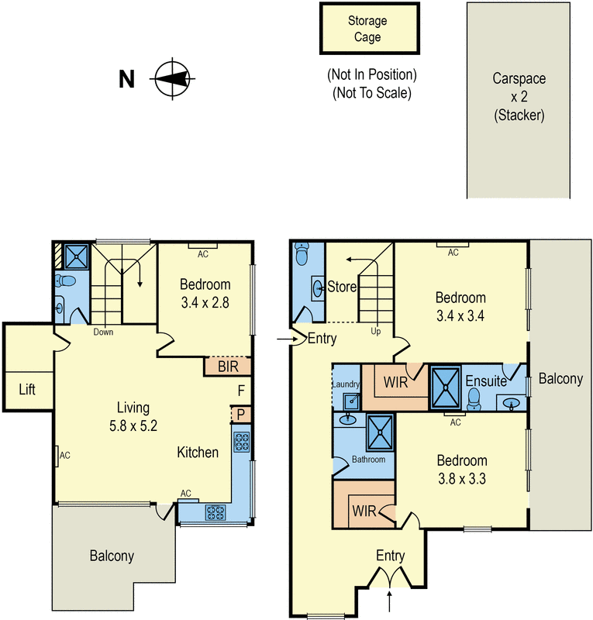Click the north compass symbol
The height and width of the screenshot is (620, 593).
pos(173,78)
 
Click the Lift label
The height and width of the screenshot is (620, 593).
pos(27,389)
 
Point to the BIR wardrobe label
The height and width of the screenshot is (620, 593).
pos(228,367)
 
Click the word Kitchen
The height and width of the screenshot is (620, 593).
pos(198,452)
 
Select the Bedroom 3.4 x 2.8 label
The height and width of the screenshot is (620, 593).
pos(205,292)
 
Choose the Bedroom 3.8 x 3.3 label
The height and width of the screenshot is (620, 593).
pos(461,470)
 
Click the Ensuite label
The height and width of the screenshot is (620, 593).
pos(486,381)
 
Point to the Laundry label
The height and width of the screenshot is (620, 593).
pos(346,384)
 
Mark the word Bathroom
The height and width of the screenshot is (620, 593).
pos(368,460)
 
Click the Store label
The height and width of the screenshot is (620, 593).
pos(341,287)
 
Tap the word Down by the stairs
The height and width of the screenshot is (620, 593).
pos(104,332)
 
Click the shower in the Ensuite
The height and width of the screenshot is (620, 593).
pos(445,387)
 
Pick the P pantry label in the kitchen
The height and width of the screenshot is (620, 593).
pos(241,415)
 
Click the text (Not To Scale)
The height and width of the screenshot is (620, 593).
pos(371,93)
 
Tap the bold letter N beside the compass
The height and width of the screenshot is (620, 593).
pos(127,79)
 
